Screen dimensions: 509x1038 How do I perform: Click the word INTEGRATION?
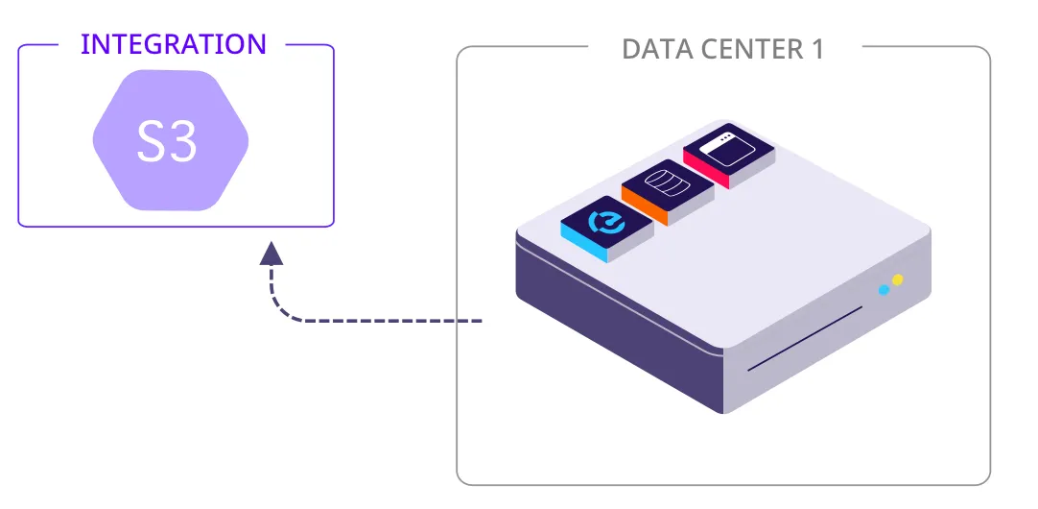(x=174, y=44)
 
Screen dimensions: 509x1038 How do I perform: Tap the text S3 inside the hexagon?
(x=168, y=142)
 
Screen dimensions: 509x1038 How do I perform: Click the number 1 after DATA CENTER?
(x=816, y=49)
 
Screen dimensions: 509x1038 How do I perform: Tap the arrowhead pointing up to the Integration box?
(x=271, y=254)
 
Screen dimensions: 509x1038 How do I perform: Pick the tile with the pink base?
(x=729, y=154)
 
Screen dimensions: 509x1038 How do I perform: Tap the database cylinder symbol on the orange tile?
(x=668, y=182)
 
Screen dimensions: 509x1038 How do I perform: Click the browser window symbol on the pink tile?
(x=729, y=145)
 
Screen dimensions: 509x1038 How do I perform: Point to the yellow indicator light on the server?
(x=898, y=280)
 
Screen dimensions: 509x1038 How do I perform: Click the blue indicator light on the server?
(x=884, y=289)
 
